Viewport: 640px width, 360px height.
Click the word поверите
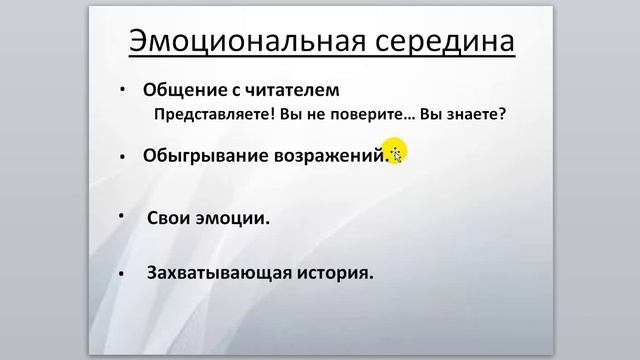click(354, 114)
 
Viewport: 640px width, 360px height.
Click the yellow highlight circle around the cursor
click(394, 151)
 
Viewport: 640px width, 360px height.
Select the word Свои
click(169, 218)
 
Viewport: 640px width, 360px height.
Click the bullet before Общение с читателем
click(123, 89)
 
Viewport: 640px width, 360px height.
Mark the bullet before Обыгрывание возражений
click(121, 157)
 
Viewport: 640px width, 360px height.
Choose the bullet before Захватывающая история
click(121, 273)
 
